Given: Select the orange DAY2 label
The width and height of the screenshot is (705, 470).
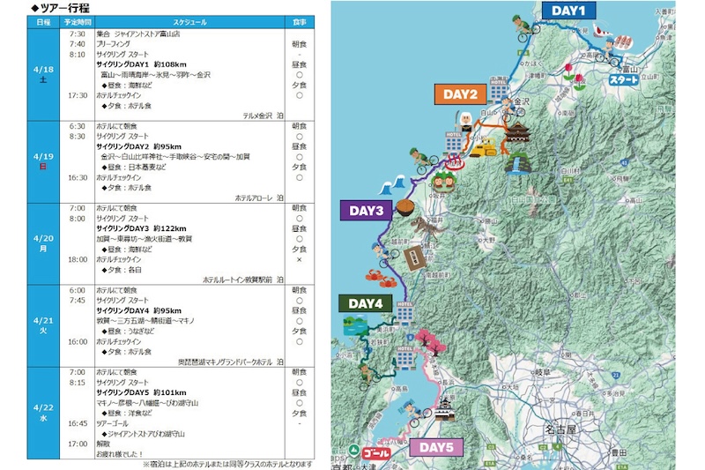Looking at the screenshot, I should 460,94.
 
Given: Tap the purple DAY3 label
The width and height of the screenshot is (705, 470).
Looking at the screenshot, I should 365,211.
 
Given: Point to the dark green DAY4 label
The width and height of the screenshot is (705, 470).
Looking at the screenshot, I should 364,303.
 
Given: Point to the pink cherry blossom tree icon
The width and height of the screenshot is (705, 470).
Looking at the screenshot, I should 436,339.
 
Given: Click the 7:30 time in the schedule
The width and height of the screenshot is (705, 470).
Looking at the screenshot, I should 77,33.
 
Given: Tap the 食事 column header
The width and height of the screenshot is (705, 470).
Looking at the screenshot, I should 299,21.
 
